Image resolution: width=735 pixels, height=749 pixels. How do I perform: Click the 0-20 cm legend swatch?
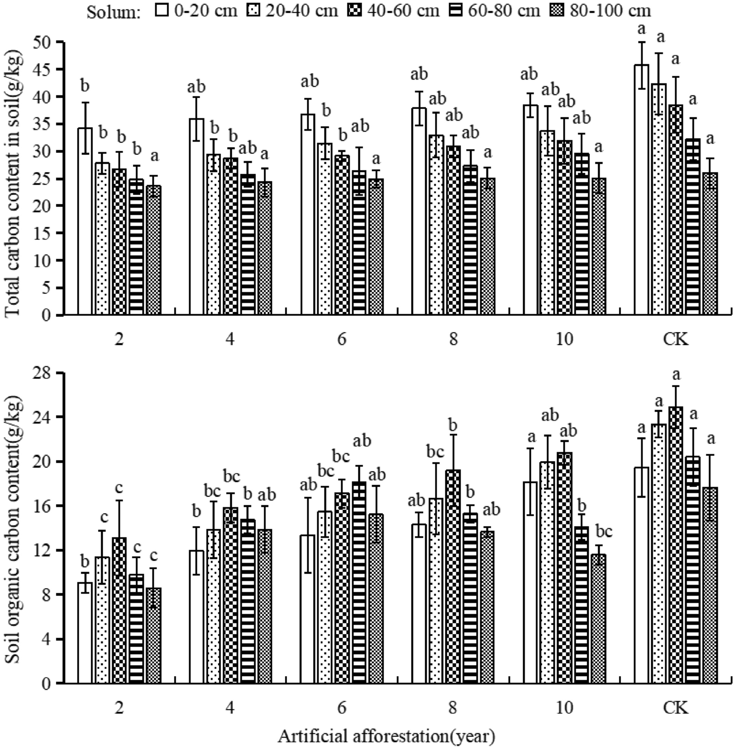(x=161, y=11)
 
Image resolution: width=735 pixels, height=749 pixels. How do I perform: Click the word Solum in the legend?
(x=113, y=12)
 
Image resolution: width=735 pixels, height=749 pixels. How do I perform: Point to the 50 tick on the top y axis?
(x=44, y=42)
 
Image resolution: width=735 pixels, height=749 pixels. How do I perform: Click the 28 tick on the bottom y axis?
(x=44, y=373)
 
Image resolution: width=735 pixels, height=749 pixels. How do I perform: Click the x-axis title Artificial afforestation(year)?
(x=386, y=736)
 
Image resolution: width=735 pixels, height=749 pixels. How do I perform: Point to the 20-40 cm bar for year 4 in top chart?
(x=213, y=234)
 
